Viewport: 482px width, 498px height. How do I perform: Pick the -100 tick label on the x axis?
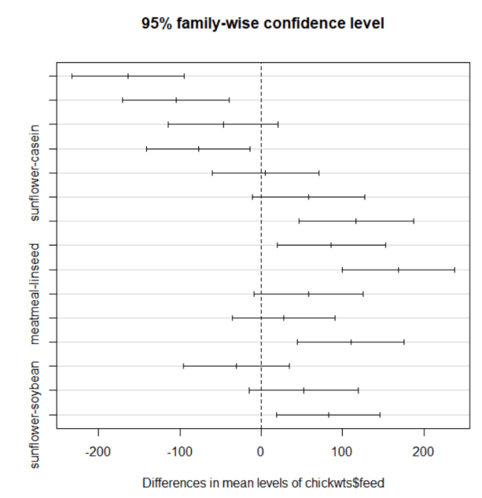tap(180, 451)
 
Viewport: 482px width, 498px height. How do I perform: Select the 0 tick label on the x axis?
tap(261, 451)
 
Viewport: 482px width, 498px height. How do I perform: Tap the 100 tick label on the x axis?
tap(342, 451)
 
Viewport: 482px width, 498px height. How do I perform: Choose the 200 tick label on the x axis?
tap(424, 451)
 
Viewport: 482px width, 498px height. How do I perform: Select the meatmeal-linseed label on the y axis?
tap(34, 293)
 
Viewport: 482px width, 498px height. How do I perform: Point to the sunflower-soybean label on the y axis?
tap(34, 415)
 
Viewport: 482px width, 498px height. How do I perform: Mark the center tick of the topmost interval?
tap(128, 76)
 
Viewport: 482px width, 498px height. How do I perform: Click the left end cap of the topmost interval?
tap(72, 76)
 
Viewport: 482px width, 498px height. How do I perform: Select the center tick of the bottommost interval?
tap(329, 415)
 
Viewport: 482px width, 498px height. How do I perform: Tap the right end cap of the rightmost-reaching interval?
tap(455, 270)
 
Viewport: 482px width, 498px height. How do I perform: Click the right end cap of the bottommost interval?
tap(380, 415)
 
